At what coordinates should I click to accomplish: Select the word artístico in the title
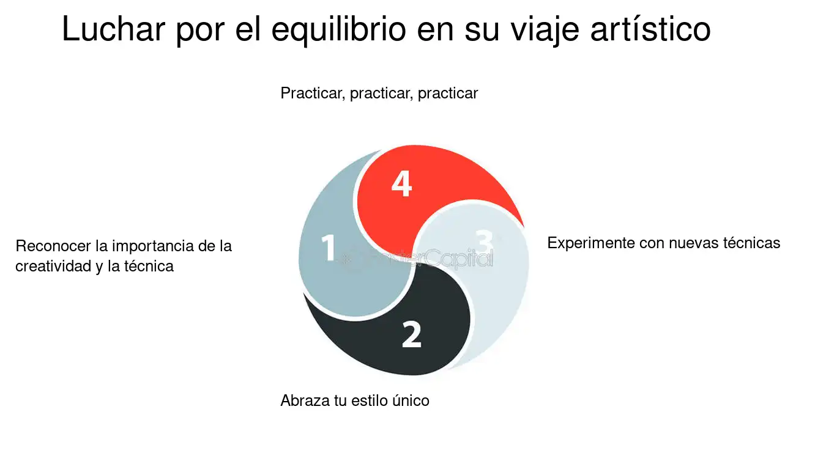point(650,29)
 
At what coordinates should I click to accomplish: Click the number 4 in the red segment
point(401,183)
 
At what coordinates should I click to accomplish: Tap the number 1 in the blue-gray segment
point(328,248)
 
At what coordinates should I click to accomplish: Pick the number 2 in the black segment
point(411,334)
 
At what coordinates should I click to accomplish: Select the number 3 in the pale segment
point(484,241)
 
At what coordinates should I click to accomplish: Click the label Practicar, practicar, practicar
point(379,94)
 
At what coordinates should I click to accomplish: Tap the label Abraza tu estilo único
point(355,400)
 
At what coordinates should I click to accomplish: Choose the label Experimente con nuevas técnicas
point(663,243)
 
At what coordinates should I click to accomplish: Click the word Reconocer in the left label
point(53,246)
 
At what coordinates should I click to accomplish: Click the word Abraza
point(305,400)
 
